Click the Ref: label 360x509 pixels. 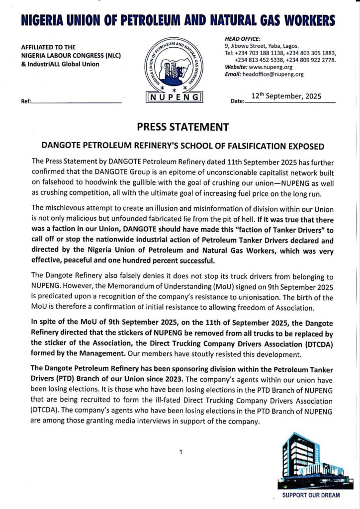pos(26,101)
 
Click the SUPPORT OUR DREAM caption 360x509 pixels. pos(311,496)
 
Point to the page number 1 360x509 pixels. pos(181,452)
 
